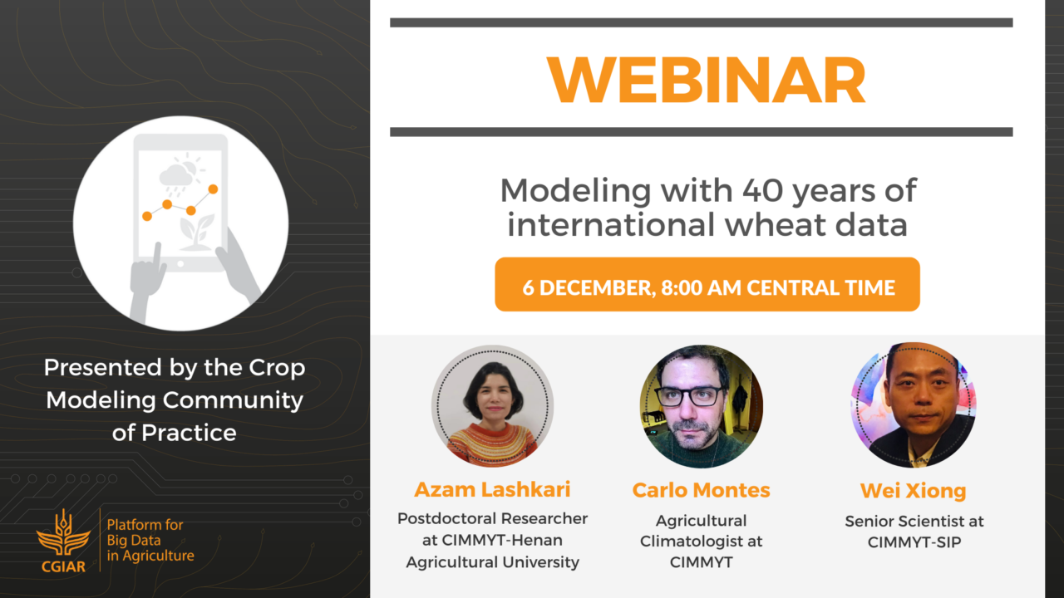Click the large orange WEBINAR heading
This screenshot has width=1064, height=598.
(x=707, y=79)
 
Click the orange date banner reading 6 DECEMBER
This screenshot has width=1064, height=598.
(x=707, y=284)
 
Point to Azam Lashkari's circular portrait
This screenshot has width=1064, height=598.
(x=493, y=406)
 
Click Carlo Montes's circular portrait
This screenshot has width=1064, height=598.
(x=702, y=406)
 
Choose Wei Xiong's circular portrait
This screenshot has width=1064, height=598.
(x=913, y=404)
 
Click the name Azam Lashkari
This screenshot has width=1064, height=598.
(x=493, y=489)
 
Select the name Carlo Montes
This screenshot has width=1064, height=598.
(x=701, y=490)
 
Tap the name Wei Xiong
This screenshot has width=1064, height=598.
(x=914, y=491)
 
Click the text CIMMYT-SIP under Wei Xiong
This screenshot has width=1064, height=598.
(x=914, y=542)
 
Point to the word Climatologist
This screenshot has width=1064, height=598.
(x=687, y=542)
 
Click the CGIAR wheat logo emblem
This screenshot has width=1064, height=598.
(x=64, y=533)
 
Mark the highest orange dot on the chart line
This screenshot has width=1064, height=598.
(x=214, y=189)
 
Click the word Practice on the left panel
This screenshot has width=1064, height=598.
(x=189, y=434)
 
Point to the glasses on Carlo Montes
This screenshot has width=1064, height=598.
(x=690, y=396)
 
